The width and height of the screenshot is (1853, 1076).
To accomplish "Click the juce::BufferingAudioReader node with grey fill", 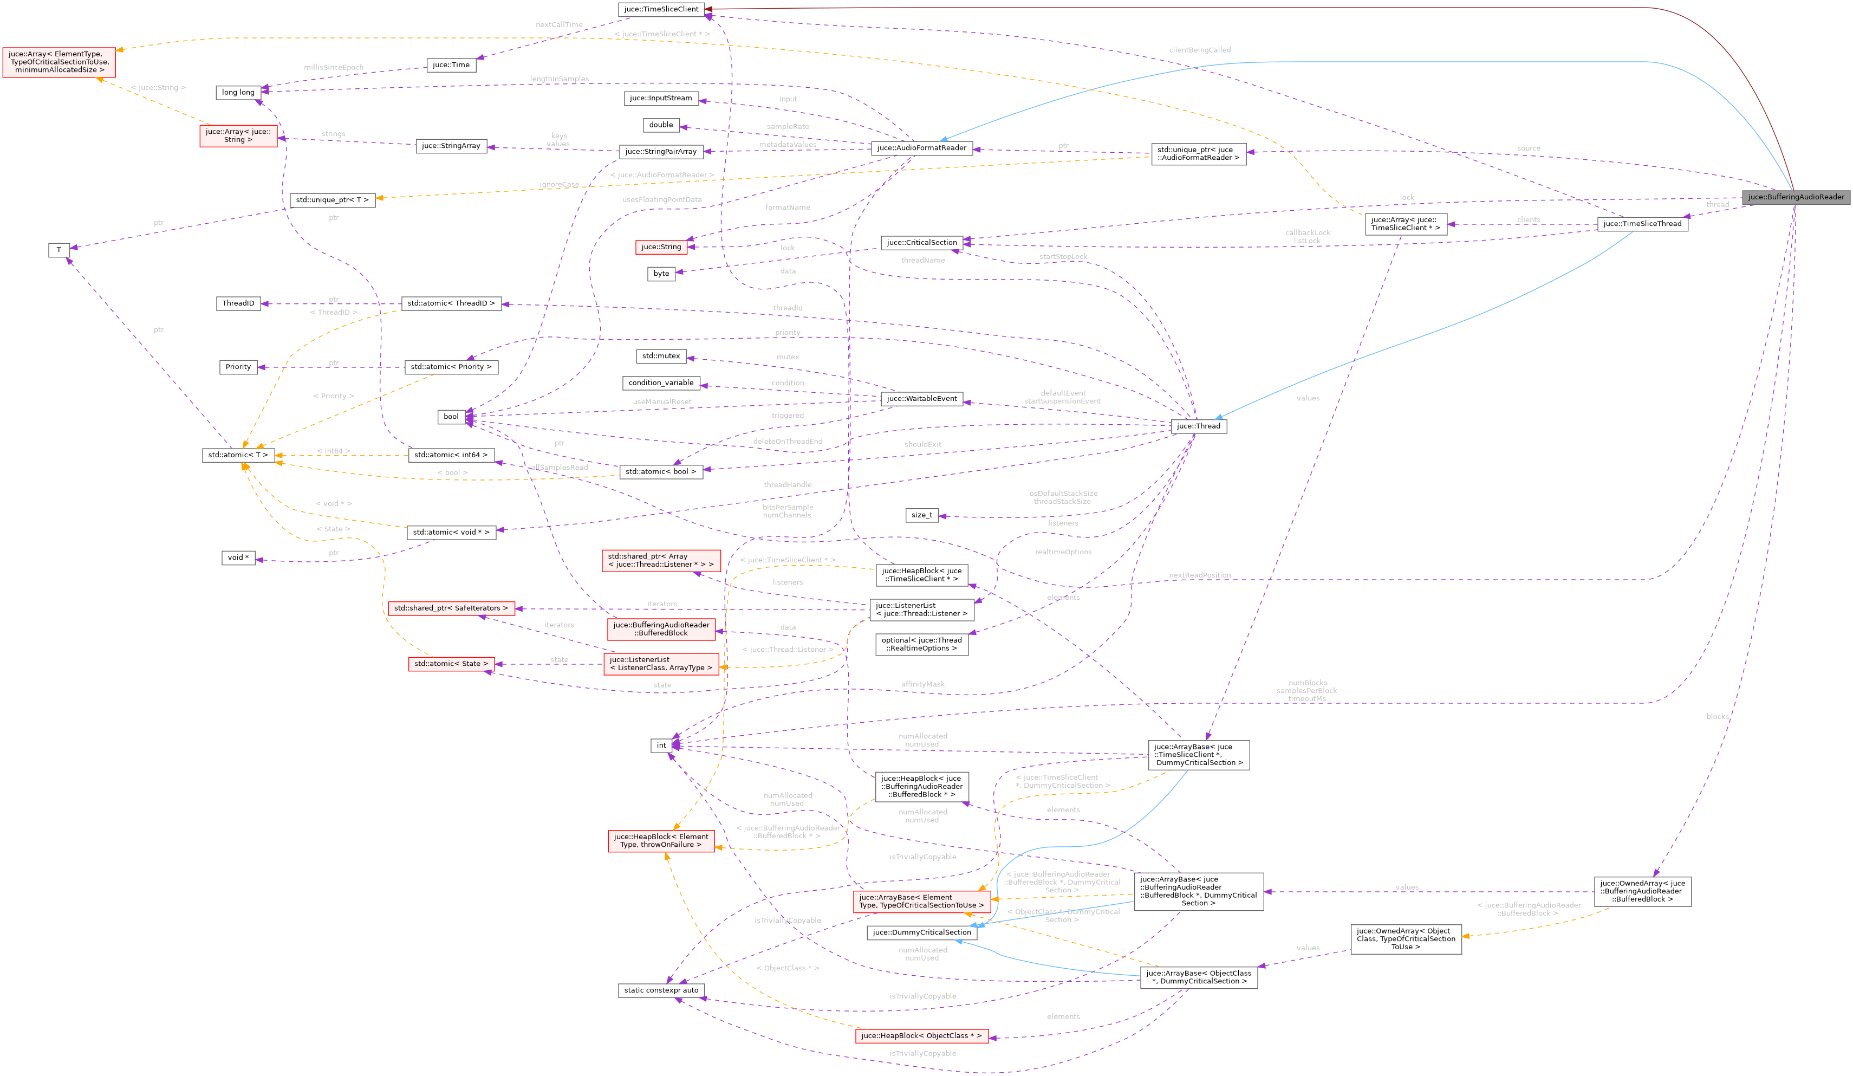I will click(1796, 197).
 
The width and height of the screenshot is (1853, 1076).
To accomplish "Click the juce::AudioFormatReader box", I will click(921, 148).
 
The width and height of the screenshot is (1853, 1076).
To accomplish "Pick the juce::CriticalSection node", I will click(921, 243).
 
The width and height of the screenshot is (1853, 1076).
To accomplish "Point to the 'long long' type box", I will click(238, 93).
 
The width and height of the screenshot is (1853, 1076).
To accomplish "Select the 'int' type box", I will click(661, 746).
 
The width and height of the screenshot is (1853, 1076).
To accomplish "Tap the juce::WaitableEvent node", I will click(921, 399).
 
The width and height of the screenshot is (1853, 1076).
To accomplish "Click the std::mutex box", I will click(661, 356).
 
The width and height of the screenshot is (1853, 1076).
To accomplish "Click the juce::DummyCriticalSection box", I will click(921, 932).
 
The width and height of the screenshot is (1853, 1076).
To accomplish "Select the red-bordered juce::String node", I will click(661, 247).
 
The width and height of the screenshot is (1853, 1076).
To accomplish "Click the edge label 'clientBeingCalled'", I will click(1199, 50).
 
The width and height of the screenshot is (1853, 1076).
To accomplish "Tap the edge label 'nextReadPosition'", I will click(1199, 575).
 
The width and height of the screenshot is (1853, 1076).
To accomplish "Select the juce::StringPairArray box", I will click(661, 152).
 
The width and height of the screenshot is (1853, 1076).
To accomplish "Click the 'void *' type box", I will click(238, 558).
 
